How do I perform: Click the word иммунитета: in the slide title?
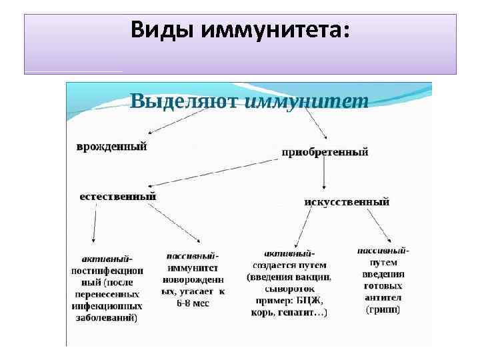click(x=279, y=30)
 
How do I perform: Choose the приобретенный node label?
click(x=325, y=152)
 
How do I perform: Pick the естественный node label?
click(x=118, y=196)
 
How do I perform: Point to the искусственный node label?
click(x=347, y=201)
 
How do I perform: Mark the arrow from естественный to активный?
click(x=95, y=223)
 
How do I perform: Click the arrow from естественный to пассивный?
click(x=175, y=223)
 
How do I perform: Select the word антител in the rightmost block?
click(x=383, y=298)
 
